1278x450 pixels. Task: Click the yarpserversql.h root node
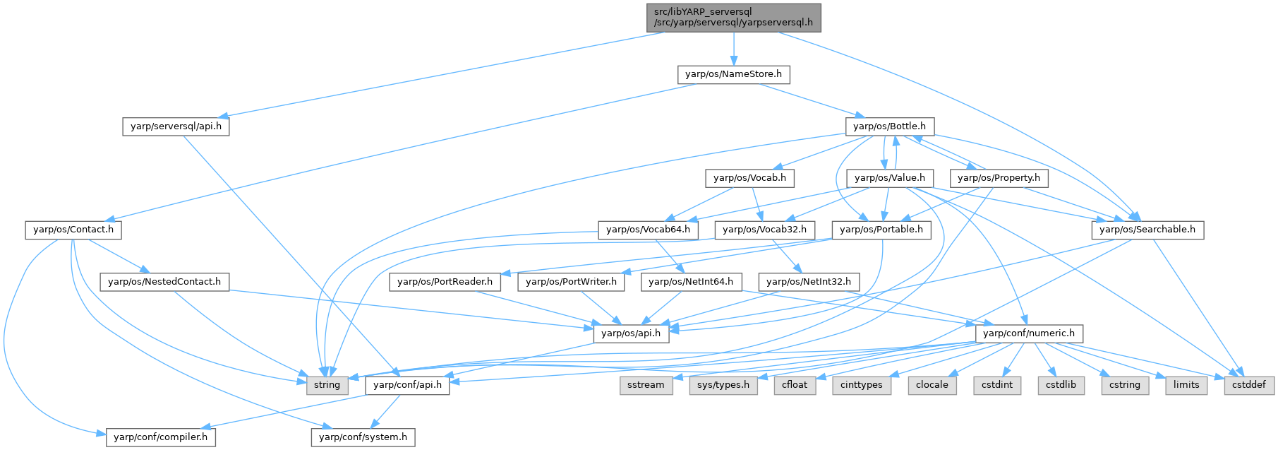[734, 17]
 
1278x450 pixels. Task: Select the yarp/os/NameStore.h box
[733, 74]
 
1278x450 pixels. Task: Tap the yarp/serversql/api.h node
[176, 127]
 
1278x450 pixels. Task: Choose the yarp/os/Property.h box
[999, 178]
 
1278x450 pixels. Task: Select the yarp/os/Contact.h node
[73, 230]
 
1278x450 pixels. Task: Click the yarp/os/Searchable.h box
[1147, 230]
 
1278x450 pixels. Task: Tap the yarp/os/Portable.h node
[881, 230]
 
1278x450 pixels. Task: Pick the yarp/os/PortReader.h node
[445, 282]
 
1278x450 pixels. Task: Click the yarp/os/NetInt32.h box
[809, 282]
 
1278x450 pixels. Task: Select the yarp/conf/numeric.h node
[1029, 333]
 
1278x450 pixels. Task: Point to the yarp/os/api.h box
[631, 333]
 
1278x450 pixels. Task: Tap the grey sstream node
[646, 385]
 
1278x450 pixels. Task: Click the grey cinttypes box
[862, 385]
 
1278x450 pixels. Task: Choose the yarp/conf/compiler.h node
[162, 437]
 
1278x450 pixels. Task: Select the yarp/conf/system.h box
[363, 437]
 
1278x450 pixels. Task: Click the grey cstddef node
[1249, 385]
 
